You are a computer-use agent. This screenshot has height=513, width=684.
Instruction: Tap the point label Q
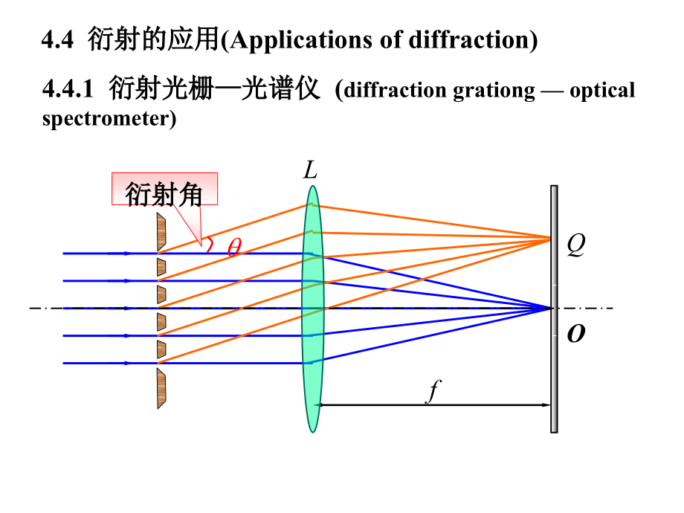tap(575, 245)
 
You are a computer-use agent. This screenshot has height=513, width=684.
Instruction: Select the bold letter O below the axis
tap(575, 335)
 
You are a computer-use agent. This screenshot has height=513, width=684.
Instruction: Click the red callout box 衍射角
tap(164, 190)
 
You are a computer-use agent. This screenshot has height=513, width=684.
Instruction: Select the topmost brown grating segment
tap(161, 232)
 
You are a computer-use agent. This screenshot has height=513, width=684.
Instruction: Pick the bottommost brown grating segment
tap(161, 388)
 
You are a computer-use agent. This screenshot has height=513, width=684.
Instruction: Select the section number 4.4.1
tap(68, 91)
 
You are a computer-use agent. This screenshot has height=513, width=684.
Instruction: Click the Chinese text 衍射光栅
tap(152, 91)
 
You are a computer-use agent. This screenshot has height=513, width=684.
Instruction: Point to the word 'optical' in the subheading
tap(602, 91)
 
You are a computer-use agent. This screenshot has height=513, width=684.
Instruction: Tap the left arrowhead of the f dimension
tap(318, 405)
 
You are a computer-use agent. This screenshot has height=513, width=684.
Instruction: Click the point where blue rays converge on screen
tap(551, 308)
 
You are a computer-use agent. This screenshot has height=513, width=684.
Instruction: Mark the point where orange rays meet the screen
tap(551, 238)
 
